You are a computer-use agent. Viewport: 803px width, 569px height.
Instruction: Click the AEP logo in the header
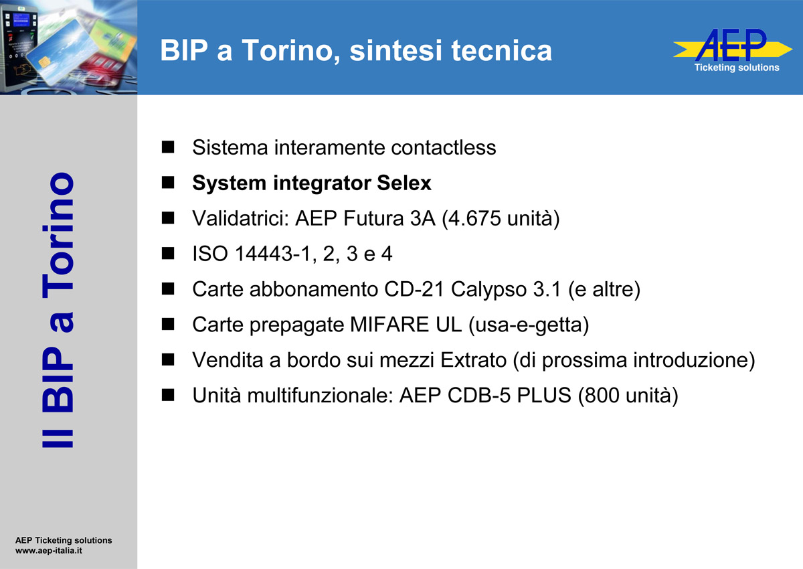pyautogui.click(x=732, y=46)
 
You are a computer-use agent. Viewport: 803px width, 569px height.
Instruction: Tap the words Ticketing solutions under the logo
pyautogui.click(x=737, y=68)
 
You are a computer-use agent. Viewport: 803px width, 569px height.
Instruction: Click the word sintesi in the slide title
pyautogui.click(x=396, y=50)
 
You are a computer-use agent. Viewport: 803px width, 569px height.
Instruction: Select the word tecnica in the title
pyautogui.click(x=501, y=50)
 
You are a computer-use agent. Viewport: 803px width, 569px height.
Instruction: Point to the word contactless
pyautogui.click(x=444, y=147)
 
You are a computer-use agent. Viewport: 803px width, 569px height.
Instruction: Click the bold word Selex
pyautogui.click(x=404, y=183)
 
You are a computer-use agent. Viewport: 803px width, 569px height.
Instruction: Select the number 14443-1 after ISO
pyautogui.click(x=272, y=254)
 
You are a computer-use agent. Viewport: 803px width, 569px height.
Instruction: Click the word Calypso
pyautogui.click(x=488, y=290)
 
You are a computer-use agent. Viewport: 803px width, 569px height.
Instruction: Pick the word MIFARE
pyautogui.click(x=389, y=325)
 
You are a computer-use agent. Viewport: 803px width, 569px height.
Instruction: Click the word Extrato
pyautogui.click(x=473, y=360)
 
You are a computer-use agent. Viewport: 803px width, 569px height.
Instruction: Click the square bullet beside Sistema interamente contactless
pyautogui.click(x=168, y=147)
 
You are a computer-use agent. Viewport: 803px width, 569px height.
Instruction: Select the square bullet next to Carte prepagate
pyautogui.click(x=168, y=324)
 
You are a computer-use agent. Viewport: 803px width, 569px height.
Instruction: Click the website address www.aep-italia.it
pyautogui.click(x=49, y=551)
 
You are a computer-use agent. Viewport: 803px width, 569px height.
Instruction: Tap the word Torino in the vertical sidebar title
pyautogui.click(x=58, y=235)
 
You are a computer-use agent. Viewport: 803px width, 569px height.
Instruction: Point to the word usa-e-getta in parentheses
pyautogui.click(x=529, y=325)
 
